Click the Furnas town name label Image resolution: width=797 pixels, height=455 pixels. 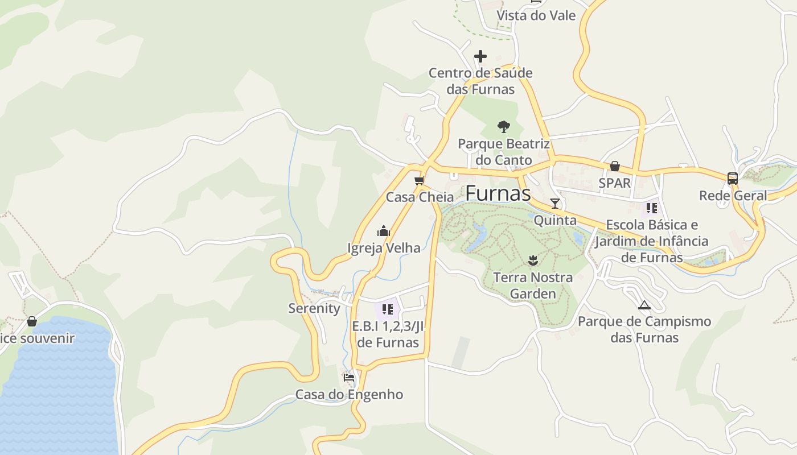[498, 193]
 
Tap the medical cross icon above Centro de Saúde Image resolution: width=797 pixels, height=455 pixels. [480, 56]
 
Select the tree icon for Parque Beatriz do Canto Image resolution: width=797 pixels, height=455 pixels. [503, 126]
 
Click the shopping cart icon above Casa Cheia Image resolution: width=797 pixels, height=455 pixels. [420, 181]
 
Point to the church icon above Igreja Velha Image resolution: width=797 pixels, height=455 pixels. [384, 231]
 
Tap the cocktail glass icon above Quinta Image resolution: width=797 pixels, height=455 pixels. [555, 203]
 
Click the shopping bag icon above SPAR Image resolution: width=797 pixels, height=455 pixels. [615, 166]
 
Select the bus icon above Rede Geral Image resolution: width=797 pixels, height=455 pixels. [733, 178]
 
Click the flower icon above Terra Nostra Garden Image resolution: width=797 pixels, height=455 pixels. [533, 260]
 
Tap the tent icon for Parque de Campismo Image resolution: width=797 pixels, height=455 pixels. [644, 305]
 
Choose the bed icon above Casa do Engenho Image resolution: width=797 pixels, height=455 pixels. [349, 377]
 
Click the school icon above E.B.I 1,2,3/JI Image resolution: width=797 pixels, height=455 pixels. [388, 309]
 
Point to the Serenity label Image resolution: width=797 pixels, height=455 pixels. [314, 308]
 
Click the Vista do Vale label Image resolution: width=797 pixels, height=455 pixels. [536, 15]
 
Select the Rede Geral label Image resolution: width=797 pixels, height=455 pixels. [733, 196]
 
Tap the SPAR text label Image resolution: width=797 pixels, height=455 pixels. [615, 183]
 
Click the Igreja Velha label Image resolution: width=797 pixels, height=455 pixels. [384, 248]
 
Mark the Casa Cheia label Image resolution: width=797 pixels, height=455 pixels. [420, 197]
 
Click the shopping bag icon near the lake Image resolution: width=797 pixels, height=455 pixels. [32, 322]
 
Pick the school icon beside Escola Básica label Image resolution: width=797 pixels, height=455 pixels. [652, 208]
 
